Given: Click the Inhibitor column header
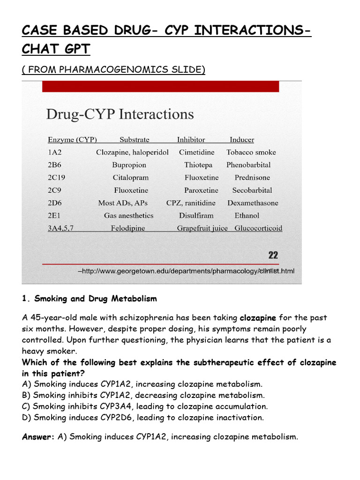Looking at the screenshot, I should [191, 140].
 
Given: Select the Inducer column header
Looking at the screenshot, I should [242, 140].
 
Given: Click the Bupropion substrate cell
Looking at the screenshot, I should [129, 165].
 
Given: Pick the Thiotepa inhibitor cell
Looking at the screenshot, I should [198, 165].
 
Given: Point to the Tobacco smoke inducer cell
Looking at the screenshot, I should [251, 152].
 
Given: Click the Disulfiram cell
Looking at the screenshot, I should [196, 216].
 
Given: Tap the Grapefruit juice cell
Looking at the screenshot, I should [202, 228].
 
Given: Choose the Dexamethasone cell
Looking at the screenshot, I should [253, 203].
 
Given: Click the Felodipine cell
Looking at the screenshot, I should [128, 228].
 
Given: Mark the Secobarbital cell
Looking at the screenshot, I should [252, 190].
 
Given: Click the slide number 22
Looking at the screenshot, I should [273, 255].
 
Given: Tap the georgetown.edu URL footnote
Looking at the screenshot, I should [186, 271].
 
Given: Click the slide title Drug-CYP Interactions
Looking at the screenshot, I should [120, 114].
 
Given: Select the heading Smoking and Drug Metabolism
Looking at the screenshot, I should [89, 299].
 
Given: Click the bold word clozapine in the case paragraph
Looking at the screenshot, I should [258, 318].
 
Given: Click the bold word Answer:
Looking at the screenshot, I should [38, 437].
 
